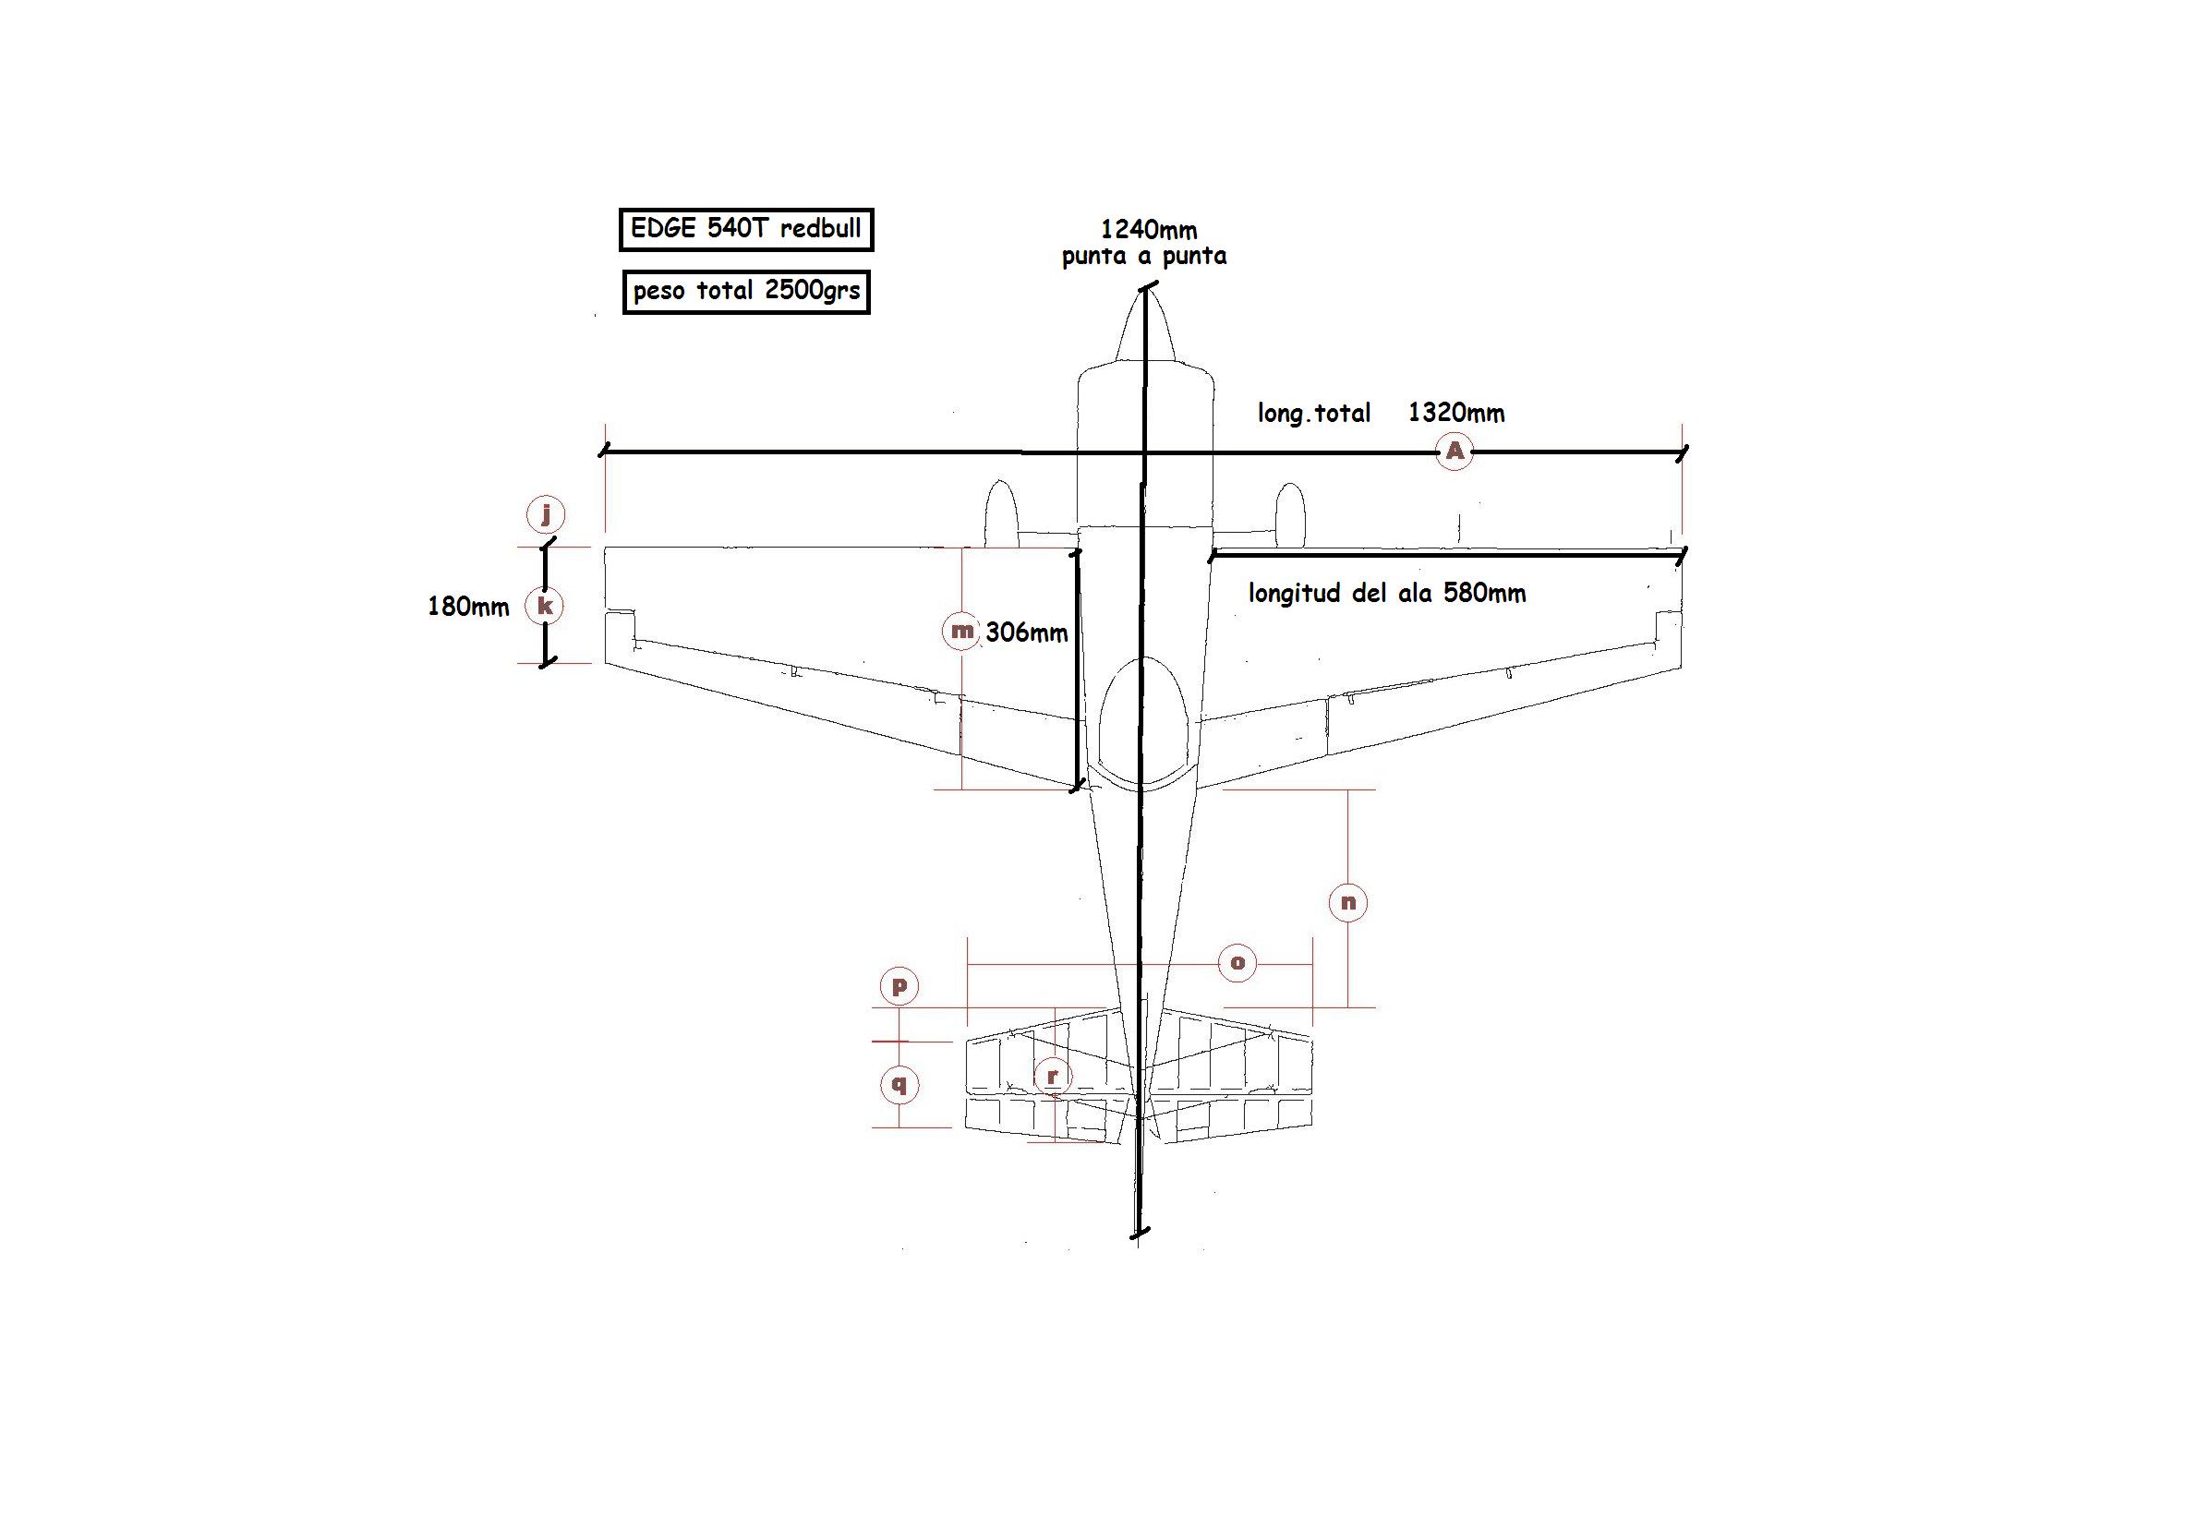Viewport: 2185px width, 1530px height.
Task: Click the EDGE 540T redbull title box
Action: (x=746, y=229)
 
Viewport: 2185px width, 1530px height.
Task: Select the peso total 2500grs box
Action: (x=746, y=291)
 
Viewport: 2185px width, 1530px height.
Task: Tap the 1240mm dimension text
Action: (x=1149, y=229)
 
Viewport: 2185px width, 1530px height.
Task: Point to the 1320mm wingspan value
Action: (x=1456, y=412)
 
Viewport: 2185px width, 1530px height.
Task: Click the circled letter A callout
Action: (x=1455, y=451)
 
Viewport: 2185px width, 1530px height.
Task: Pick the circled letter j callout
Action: (x=545, y=514)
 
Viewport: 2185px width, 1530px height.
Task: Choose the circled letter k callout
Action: (x=545, y=606)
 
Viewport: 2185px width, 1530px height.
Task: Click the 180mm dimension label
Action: (x=468, y=606)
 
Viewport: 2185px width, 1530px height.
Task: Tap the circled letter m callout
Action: (x=961, y=631)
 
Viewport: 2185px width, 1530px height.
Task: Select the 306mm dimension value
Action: (x=1027, y=632)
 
